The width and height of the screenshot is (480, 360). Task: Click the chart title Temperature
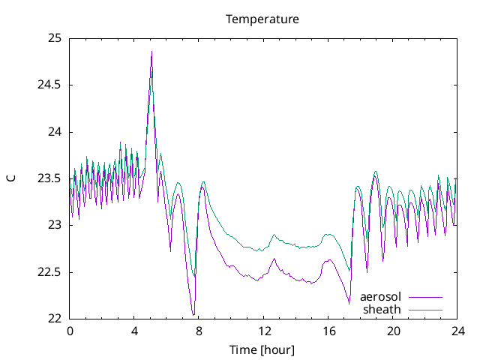click(x=262, y=19)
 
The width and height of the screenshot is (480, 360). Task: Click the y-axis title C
click(x=10, y=178)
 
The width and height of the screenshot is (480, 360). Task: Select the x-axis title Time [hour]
click(x=262, y=350)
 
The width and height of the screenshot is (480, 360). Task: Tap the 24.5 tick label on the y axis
click(x=49, y=85)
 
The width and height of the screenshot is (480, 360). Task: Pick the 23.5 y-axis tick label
click(x=49, y=178)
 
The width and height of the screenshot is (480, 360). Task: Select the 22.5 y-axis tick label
click(x=49, y=272)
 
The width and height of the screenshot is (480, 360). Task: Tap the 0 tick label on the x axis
click(x=70, y=331)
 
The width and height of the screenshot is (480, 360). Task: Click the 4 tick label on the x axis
click(x=134, y=331)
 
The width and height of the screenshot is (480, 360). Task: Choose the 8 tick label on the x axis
click(x=199, y=331)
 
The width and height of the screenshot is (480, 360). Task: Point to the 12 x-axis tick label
click(x=263, y=331)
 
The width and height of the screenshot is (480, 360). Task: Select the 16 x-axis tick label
click(x=328, y=331)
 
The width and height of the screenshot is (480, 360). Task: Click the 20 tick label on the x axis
click(x=392, y=331)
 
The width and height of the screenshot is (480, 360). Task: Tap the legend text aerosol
click(x=381, y=297)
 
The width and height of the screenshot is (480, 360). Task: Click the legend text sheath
click(x=382, y=309)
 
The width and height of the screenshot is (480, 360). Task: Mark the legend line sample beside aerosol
click(x=424, y=297)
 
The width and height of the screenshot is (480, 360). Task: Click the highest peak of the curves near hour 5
click(x=151, y=52)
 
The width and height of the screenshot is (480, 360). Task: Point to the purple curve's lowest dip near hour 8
click(x=193, y=315)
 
